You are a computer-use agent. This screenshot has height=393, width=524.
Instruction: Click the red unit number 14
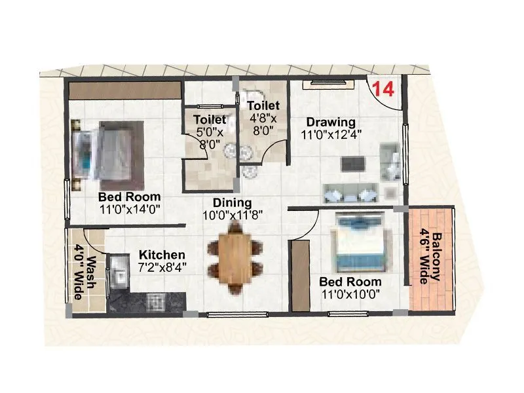[383, 89]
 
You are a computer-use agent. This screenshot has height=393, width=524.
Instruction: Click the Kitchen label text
[161, 255]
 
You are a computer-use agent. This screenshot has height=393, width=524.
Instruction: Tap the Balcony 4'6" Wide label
[430, 257]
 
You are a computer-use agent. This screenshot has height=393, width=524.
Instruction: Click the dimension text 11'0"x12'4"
[331, 134]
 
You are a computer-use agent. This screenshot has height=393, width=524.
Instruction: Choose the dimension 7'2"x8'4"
[161, 267]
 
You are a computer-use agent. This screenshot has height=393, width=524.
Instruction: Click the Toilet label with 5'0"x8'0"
[210, 120]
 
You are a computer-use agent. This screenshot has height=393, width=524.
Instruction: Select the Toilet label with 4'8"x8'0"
[263, 105]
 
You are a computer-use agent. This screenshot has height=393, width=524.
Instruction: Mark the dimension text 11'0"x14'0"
[130, 209]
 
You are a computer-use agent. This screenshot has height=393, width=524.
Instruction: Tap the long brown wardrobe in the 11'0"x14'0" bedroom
[124, 90]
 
